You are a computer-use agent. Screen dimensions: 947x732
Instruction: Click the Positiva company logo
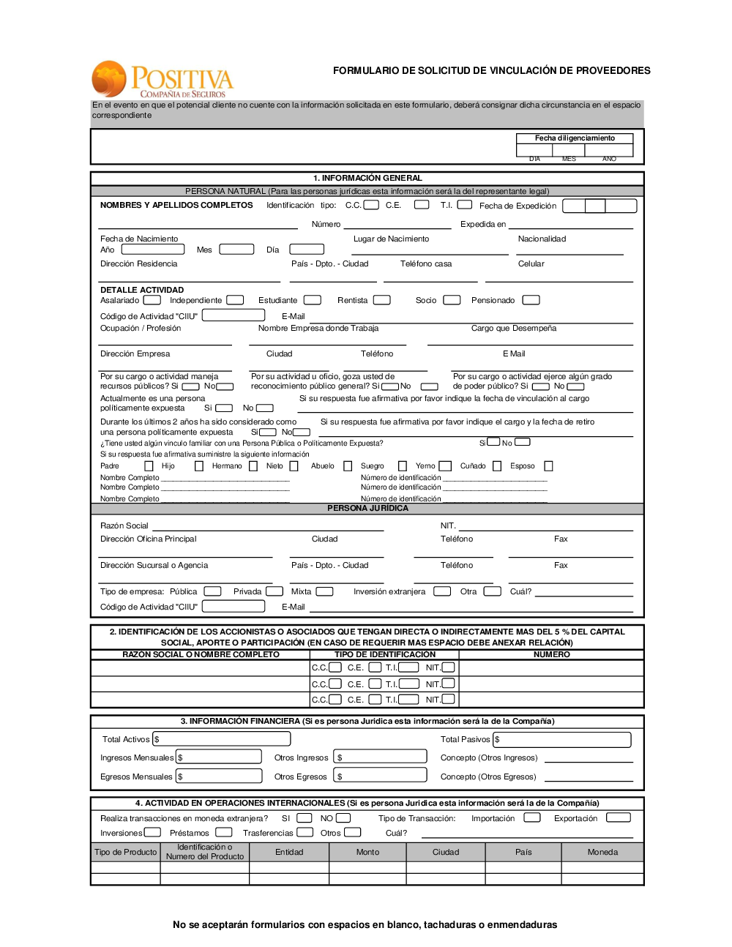pos(162,79)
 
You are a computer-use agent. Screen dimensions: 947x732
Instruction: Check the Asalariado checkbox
pos(152,300)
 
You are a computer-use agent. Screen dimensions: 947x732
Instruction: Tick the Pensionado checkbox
pos(531,300)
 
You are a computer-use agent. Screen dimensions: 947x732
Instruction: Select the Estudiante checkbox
pos(313,300)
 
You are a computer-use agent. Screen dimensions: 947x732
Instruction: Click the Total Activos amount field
pos(222,739)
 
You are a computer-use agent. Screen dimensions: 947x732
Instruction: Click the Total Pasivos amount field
pos(562,739)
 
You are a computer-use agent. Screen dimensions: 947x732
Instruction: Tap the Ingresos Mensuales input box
pos(219,757)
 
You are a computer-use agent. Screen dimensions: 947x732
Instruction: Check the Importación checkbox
pos(532,817)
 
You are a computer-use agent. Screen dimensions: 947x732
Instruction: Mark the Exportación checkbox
pos(619,817)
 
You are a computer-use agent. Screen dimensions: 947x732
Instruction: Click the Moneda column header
pos(602,852)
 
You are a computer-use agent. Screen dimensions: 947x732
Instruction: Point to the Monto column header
pos(367,852)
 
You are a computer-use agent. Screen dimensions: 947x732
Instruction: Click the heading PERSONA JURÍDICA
pos(367,508)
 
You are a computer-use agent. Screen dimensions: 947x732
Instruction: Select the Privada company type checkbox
pos(274,591)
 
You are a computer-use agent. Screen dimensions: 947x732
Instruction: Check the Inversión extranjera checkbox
pos(442,591)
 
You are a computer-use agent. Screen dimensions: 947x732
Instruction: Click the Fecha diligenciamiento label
pos(575,138)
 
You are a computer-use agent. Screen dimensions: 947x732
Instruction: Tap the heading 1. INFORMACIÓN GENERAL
pos(367,178)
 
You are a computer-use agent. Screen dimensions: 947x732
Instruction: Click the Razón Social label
pos(124,525)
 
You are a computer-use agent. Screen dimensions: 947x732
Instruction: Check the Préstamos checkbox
pos(224,832)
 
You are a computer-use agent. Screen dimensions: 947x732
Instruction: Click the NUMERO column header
pos(551,654)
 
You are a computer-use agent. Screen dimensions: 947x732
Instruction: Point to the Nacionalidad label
pos(542,239)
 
